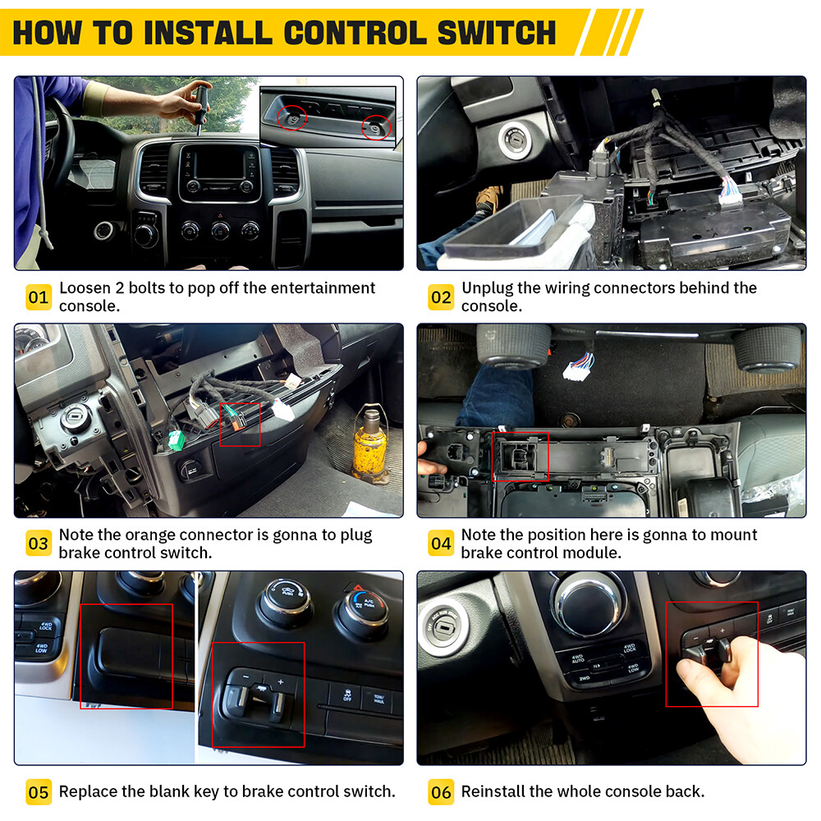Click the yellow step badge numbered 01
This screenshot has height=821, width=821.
coord(38,297)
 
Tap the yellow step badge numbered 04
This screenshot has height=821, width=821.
coord(441,544)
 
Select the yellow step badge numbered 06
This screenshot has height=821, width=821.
coord(441,792)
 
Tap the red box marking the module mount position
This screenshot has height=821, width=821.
coord(521,456)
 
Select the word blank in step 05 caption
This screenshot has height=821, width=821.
coord(174,791)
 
